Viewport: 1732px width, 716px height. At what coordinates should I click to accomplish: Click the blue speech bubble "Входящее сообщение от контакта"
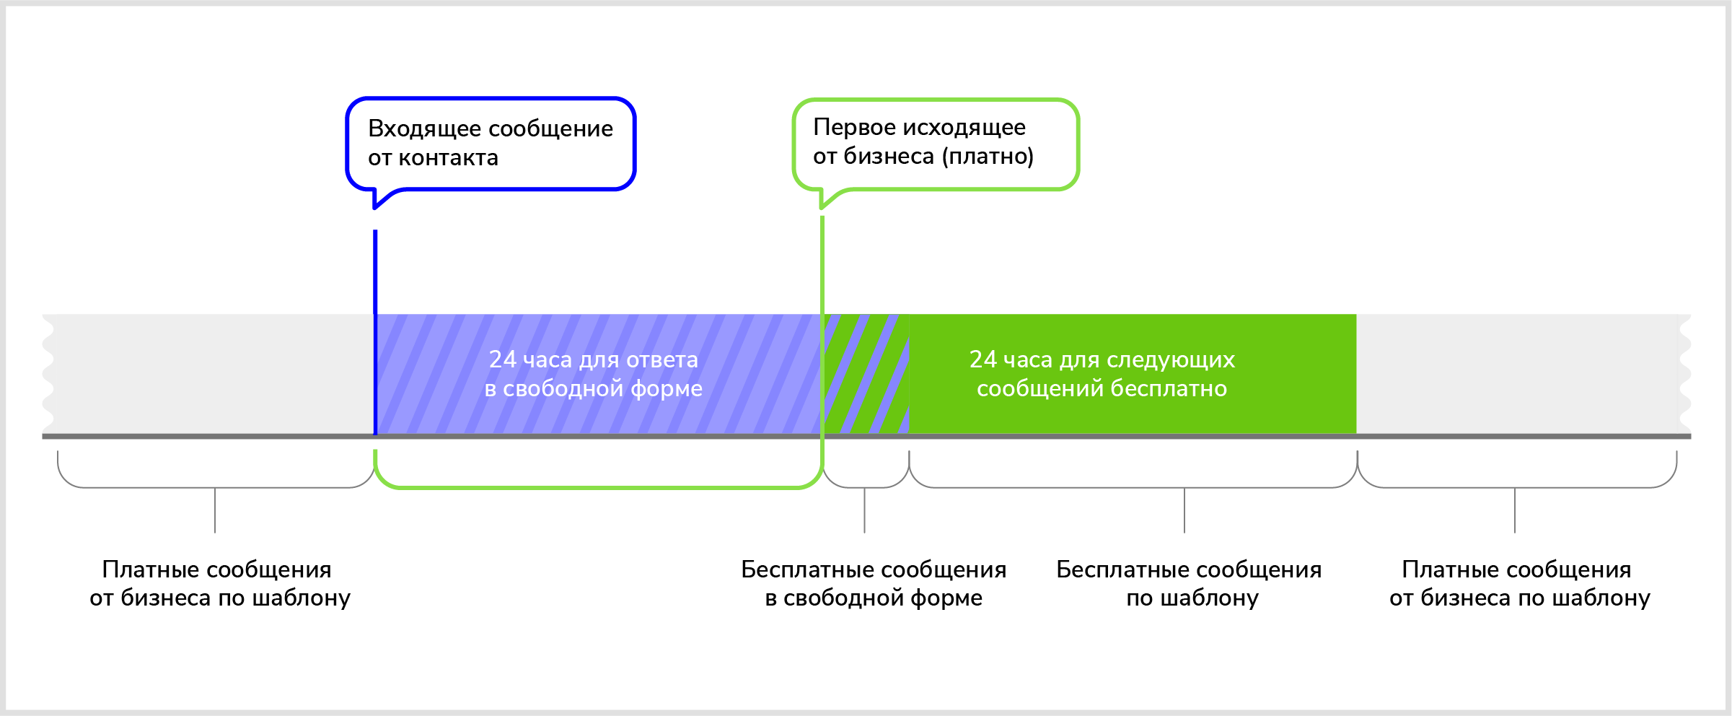pyautogui.click(x=491, y=143)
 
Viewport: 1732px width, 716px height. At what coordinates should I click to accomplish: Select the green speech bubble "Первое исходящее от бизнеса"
pyautogui.click(x=936, y=143)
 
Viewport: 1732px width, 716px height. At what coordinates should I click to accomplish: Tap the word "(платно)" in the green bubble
pyautogui.click(x=988, y=156)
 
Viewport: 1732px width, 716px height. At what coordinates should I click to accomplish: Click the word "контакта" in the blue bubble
pyautogui.click(x=448, y=157)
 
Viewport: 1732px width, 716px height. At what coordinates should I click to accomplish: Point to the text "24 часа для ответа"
pyautogui.click(x=593, y=359)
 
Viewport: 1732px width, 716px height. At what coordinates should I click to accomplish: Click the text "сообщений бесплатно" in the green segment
pyautogui.click(x=1102, y=388)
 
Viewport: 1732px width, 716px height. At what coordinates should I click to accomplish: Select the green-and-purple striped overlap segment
pyautogui.click(x=866, y=374)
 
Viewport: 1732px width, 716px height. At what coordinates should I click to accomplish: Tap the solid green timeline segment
pyautogui.click(x=1133, y=411)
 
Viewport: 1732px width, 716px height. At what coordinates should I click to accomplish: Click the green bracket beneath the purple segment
pyautogui.click(x=599, y=487)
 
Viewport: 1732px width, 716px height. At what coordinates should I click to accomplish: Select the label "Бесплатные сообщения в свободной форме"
pyautogui.click(x=874, y=583)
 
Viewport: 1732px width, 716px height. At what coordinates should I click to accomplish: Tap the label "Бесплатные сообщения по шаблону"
pyautogui.click(x=1189, y=583)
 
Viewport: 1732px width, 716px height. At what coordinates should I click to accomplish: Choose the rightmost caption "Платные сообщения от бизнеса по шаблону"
pyautogui.click(x=1519, y=583)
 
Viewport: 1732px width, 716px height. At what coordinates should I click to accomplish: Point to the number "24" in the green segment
pyautogui.click(x=983, y=359)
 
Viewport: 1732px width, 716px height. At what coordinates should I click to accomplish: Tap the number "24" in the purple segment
pyautogui.click(x=503, y=359)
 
